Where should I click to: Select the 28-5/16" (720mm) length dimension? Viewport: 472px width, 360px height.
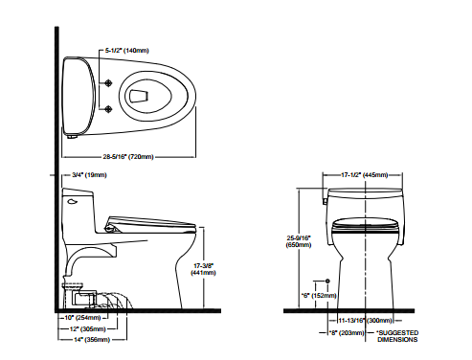pos(128,157)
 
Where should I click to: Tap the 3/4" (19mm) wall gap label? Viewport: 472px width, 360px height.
pos(89,175)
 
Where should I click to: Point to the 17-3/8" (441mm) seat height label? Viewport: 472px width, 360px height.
pos(203,269)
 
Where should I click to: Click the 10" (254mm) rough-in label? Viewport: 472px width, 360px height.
pos(82,318)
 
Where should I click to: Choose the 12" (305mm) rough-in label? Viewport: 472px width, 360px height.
pos(88,328)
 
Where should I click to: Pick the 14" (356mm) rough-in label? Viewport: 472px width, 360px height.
pos(92,340)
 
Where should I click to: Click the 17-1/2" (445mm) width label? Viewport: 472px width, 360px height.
pos(365,175)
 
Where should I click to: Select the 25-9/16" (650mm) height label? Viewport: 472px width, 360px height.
pos(299,241)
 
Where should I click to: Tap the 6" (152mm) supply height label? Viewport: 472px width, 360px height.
pos(319,296)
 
